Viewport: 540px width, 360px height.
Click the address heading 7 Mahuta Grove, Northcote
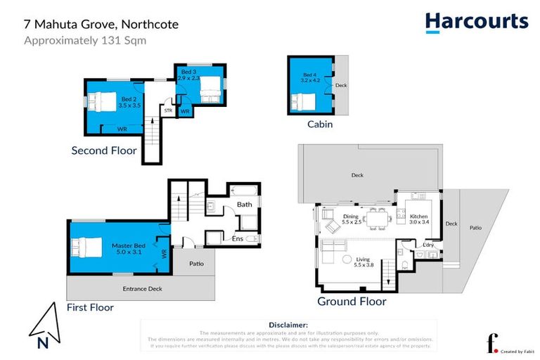point(101,25)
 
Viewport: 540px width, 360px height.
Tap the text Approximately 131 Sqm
point(85,40)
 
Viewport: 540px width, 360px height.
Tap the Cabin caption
point(319,124)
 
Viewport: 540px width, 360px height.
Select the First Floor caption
point(90,307)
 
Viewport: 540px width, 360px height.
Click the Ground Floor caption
point(352,302)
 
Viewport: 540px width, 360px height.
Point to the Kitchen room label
point(419,219)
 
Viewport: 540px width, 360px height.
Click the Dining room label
point(351,219)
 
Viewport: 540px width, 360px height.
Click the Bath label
point(244,205)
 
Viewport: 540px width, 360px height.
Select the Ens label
point(238,239)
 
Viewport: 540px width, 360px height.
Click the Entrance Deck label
point(140,289)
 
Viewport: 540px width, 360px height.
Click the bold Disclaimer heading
point(289,325)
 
